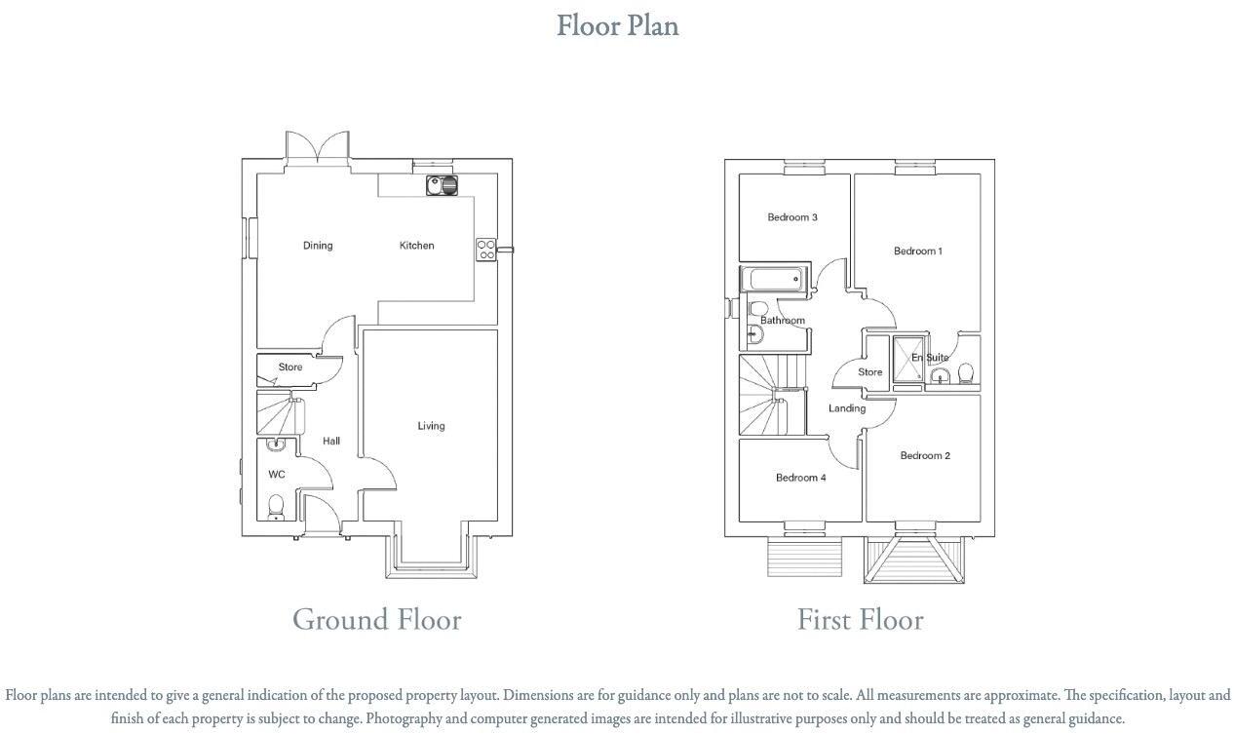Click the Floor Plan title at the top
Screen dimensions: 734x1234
click(617, 25)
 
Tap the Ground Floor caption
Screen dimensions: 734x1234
click(376, 620)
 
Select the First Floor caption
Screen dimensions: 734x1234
click(860, 620)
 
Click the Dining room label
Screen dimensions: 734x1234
click(318, 246)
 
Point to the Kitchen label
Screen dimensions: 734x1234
click(416, 246)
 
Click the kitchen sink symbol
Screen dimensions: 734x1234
click(443, 184)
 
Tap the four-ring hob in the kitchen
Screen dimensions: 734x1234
click(485, 250)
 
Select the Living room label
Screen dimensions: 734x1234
click(431, 426)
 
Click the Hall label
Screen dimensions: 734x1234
click(331, 442)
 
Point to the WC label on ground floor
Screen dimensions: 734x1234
click(277, 475)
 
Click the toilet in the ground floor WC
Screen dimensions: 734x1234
click(276, 507)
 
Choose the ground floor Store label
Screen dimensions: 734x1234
click(290, 367)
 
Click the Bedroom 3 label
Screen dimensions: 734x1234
click(792, 217)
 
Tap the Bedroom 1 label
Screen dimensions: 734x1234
click(918, 251)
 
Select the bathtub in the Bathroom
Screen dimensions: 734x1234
click(775, 280)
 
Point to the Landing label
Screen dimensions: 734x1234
click(847, 408)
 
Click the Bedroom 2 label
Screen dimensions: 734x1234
click(925, 456)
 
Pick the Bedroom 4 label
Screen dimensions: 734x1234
click(801, 478)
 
